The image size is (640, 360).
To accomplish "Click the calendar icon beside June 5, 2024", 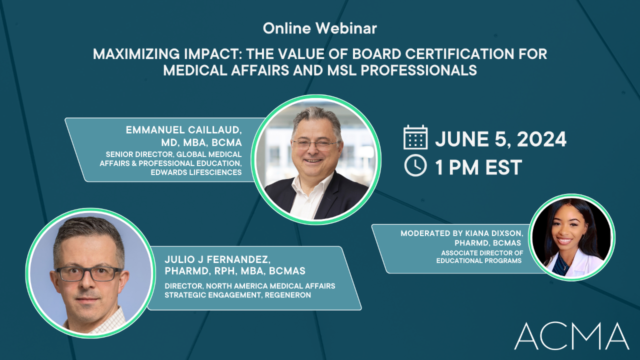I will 415,137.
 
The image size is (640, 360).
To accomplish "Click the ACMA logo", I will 571,336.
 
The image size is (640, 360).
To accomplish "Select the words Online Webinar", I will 320,29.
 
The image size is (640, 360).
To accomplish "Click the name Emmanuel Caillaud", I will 184,131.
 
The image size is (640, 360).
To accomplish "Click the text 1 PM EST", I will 478,167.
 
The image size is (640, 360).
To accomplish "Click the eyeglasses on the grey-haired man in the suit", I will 314,144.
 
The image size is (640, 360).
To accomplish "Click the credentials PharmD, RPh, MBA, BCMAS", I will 234,271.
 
